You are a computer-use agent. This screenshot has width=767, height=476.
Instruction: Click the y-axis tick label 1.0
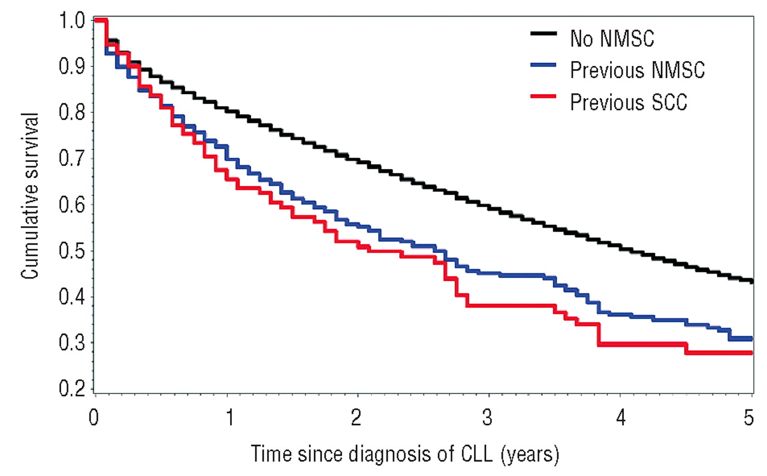(72, 20)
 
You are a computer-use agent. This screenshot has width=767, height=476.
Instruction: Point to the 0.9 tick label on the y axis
(72, 66)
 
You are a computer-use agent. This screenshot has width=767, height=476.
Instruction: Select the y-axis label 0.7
(72, 158)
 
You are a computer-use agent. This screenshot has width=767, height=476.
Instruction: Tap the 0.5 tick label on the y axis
(72, 251)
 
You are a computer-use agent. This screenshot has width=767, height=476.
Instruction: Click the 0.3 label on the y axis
(72, 343)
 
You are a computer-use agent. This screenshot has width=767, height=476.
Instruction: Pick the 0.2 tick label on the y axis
(72, 388)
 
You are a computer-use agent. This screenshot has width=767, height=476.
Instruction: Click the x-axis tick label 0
(93, 418)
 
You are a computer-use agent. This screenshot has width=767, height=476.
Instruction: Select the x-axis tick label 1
(230, 418)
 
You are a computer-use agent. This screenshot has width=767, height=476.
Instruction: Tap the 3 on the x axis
(487, 418)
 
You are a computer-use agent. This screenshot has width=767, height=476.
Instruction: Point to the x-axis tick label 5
(749, 418)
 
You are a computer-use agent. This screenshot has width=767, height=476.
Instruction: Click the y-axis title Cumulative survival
(29, 196)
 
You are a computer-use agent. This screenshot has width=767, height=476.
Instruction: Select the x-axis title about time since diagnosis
(405, 454)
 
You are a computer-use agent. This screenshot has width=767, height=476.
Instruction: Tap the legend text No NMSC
(612, 38)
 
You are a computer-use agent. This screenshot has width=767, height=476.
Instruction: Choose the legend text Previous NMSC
(638, 70)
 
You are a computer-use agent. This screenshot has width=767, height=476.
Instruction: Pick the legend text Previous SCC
(629, 102)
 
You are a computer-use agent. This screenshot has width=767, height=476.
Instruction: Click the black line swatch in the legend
(543, 33)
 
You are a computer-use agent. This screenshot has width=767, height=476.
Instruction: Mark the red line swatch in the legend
(543, 97)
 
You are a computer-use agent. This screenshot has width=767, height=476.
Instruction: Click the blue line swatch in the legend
(543, 65)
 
